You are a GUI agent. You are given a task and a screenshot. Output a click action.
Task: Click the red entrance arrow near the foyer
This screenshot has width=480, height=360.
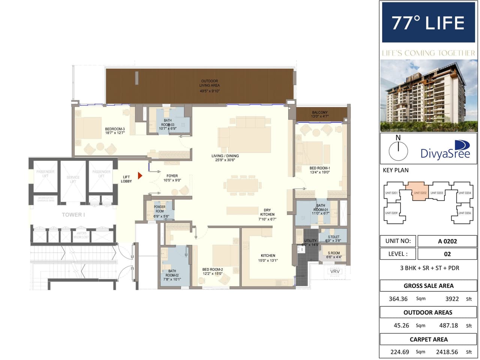(x=140, y=175)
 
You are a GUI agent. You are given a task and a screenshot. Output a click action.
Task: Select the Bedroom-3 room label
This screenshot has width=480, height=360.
(x=115, y=131)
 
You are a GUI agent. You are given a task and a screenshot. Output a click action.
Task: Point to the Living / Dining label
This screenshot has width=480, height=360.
(x=225, y=158)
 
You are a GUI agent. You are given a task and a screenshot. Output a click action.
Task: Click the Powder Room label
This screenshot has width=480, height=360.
(x=160, y=209)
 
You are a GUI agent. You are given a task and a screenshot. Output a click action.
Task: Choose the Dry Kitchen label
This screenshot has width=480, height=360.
(x=267, y=214)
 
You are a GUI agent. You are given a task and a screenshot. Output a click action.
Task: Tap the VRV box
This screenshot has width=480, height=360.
(x=335, y=271)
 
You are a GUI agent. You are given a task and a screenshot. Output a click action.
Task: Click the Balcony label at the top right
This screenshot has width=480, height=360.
(x=320, y=114)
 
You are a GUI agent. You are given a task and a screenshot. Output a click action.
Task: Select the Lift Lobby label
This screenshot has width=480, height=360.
(x=126, y=179)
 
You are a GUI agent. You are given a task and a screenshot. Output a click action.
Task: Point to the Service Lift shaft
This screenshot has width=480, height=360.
(x=73, y=180)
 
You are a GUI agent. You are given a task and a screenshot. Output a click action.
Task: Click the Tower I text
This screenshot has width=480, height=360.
(x=73, y=215)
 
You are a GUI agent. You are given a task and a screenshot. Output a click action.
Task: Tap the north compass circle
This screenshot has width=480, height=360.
(x=398, y=151)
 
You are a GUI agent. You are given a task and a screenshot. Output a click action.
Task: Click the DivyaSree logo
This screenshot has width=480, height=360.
(x=446, y=150)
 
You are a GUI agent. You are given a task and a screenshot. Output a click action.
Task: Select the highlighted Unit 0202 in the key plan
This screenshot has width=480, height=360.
(x=420, y=191)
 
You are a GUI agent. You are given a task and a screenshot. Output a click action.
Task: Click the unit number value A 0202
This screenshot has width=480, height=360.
(x=447, y=241)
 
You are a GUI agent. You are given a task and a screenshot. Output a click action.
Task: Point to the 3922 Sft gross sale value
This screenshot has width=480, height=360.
(x=452, y=299)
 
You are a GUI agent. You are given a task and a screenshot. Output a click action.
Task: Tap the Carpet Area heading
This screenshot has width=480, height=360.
(x=429, y=339)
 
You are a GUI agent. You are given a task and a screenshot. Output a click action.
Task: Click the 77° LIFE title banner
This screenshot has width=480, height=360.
(x=428, y=23)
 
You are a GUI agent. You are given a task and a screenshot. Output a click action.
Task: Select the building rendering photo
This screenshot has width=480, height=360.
(x=428, y=95)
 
